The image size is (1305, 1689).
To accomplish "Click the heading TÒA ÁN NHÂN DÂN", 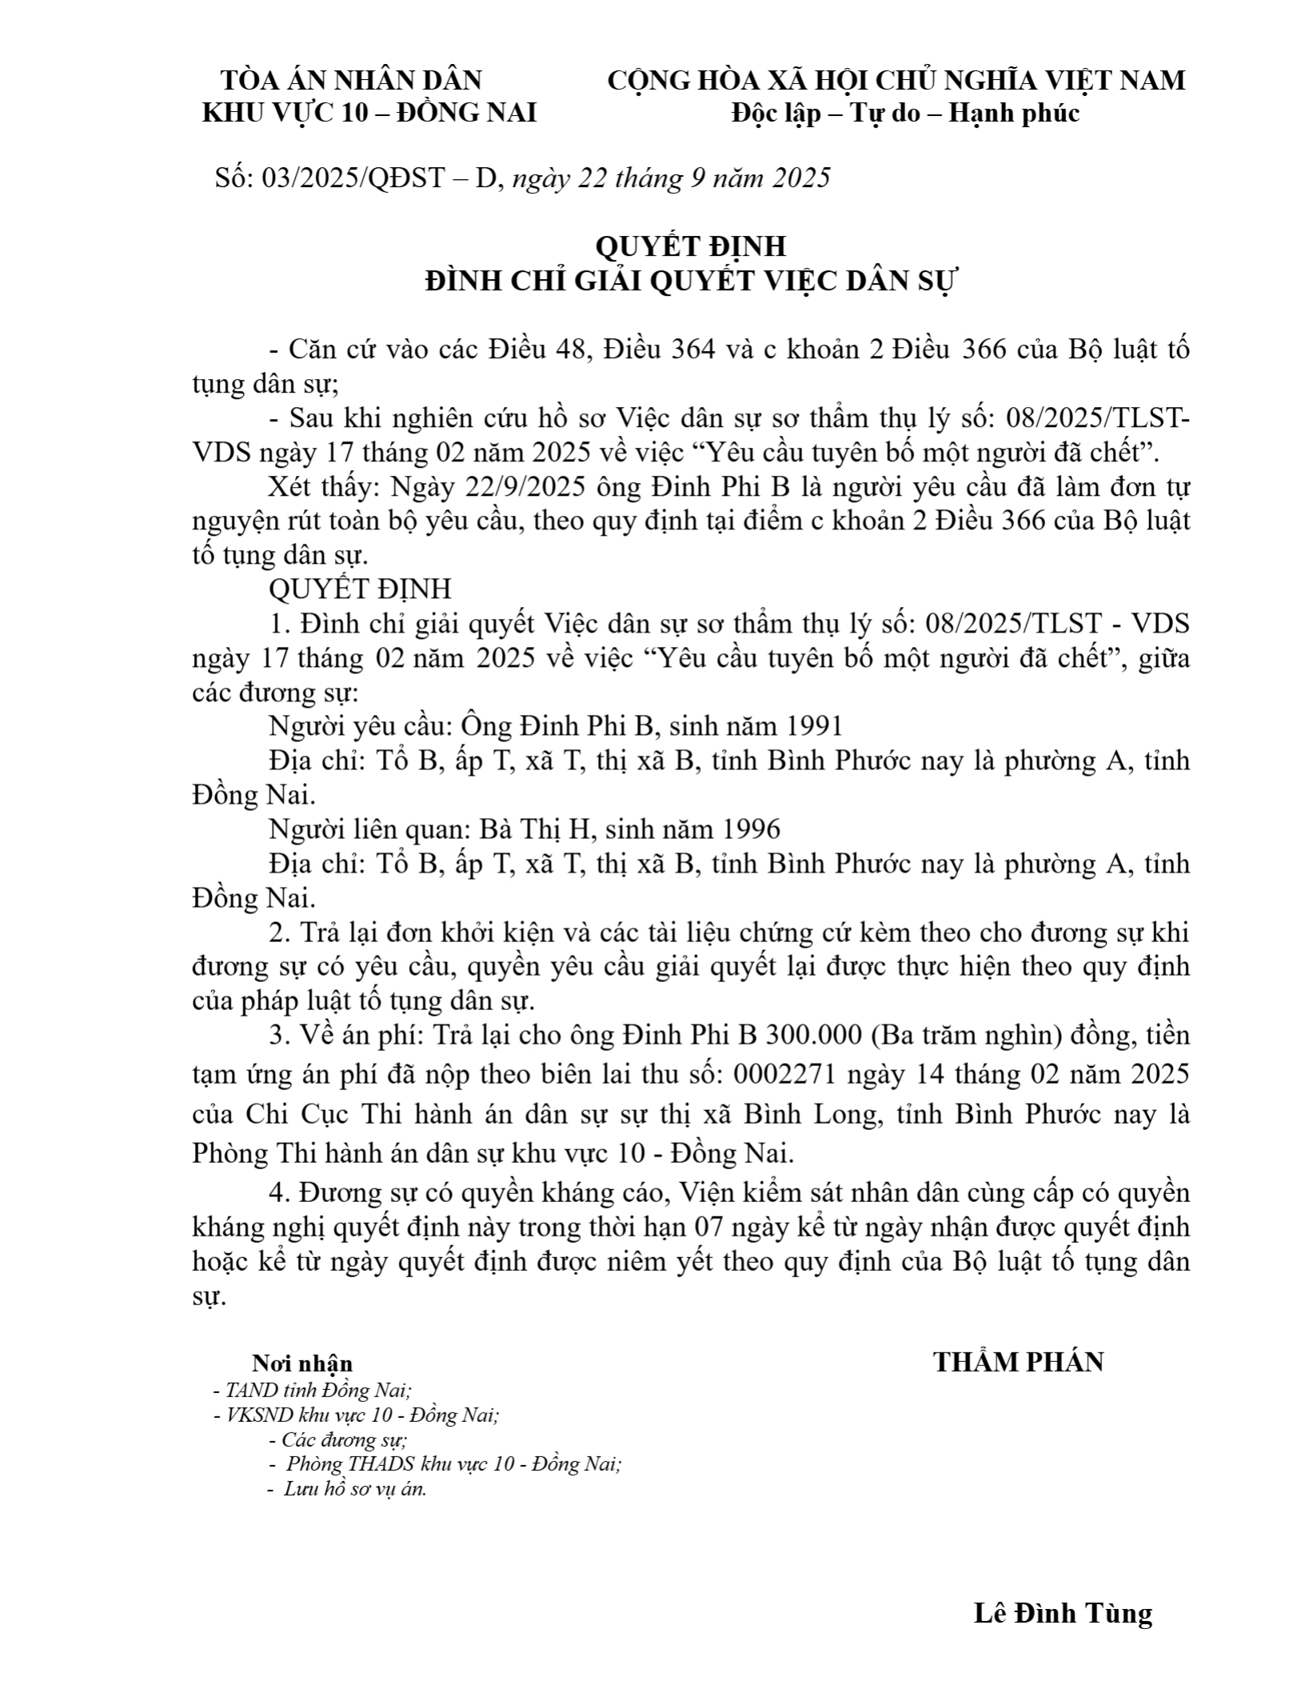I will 351,81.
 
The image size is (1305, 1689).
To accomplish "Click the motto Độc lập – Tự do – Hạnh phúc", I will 905,114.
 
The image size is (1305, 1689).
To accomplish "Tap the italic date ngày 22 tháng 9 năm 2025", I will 671,178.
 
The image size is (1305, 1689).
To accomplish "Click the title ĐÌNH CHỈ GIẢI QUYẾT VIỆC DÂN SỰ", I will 690,281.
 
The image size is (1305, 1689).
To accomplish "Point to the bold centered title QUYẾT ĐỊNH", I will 690,246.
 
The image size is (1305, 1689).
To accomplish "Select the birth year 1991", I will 814,726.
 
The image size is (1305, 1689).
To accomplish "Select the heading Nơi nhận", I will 302,1364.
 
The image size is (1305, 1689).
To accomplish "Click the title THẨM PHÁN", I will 1018,1362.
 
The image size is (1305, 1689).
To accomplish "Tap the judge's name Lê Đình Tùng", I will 1063,1613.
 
